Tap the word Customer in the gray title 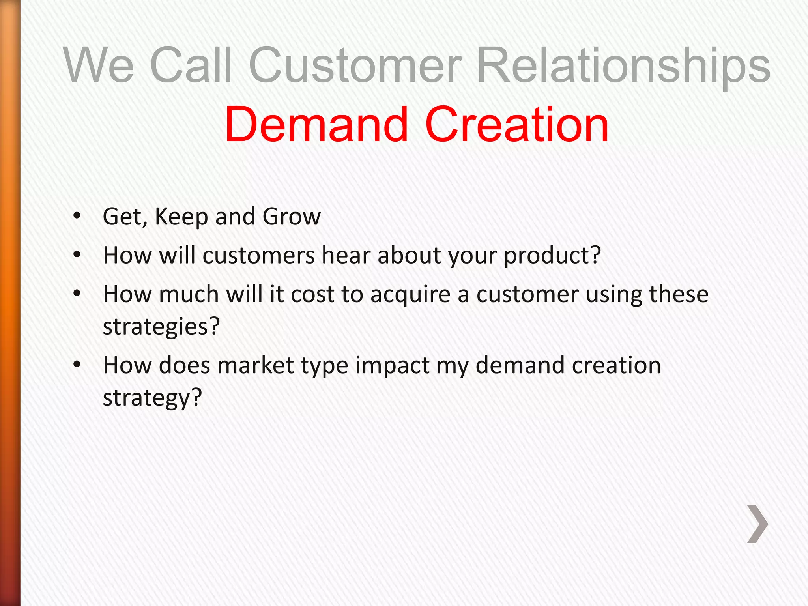(355, 65)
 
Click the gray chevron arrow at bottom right (757, 524)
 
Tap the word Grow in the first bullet (292, 217)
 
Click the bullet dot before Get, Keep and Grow (77, 216)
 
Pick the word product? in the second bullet (552, 256)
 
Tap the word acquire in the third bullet (410, 295)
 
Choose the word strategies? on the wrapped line (161, 327)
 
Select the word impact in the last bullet (392, 366)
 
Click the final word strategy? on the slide (152, 398)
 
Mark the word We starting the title (99, 65)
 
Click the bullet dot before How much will (77, 294)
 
